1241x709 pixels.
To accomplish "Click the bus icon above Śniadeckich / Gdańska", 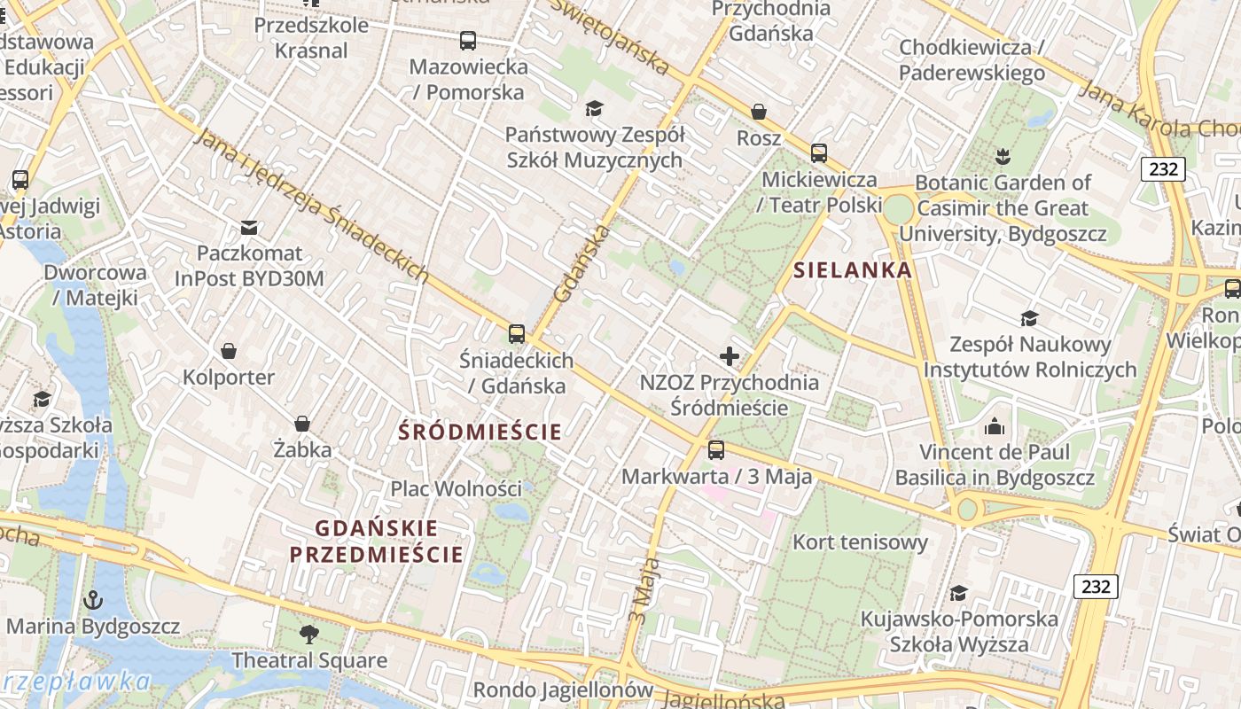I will click(x=517, y=334).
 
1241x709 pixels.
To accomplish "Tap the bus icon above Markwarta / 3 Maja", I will click(x=716, y=450).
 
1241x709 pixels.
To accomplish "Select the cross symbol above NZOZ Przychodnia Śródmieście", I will click(x=730, y=356).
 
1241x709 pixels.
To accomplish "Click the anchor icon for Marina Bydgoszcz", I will click(x=93, y=600).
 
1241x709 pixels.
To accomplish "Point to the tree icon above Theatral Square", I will click(x=309, y=634).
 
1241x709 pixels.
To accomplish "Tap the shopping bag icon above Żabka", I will click(x=302, y=424).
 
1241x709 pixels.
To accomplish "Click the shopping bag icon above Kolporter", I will click(x=229, y=351).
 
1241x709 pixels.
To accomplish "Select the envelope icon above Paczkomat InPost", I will click(x=249, y=228).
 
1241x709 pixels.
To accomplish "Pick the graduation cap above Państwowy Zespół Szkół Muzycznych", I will click(x=594, y=108).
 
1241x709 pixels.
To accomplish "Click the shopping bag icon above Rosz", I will click(x=759, y=112).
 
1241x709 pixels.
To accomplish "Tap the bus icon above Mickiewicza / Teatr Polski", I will click(x=819, y=153).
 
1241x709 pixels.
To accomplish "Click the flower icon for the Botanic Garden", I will click(x=1003, y=157).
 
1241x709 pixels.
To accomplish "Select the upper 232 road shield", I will click(x=1163, y=168).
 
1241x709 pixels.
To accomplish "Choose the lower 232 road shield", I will click(x=1096, y=586).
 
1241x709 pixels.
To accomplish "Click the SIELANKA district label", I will click(x=853, y=270).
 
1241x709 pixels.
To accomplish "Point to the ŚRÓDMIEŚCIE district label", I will click(x=480, y=432).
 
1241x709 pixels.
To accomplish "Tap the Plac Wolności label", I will click(x=457, y=488).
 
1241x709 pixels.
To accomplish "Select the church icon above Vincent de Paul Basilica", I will click(x=995, y=427).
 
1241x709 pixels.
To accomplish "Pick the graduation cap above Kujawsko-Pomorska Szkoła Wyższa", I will click(x=958, y=592).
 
